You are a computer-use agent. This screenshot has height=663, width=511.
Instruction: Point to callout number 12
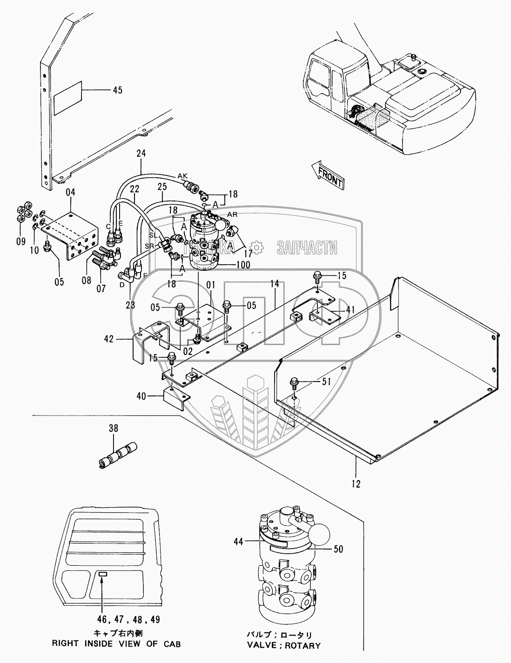coord(356,483)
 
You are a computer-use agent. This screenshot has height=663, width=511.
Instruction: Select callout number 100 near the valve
coord(242,265)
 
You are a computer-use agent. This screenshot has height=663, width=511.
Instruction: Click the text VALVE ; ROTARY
coord(289,645)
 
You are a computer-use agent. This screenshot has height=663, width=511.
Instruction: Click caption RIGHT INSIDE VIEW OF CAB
coord(116,644)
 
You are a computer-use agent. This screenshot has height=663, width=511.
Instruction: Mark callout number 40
coord(141,396)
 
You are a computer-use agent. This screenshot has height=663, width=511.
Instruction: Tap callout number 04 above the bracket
coord(70,192)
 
